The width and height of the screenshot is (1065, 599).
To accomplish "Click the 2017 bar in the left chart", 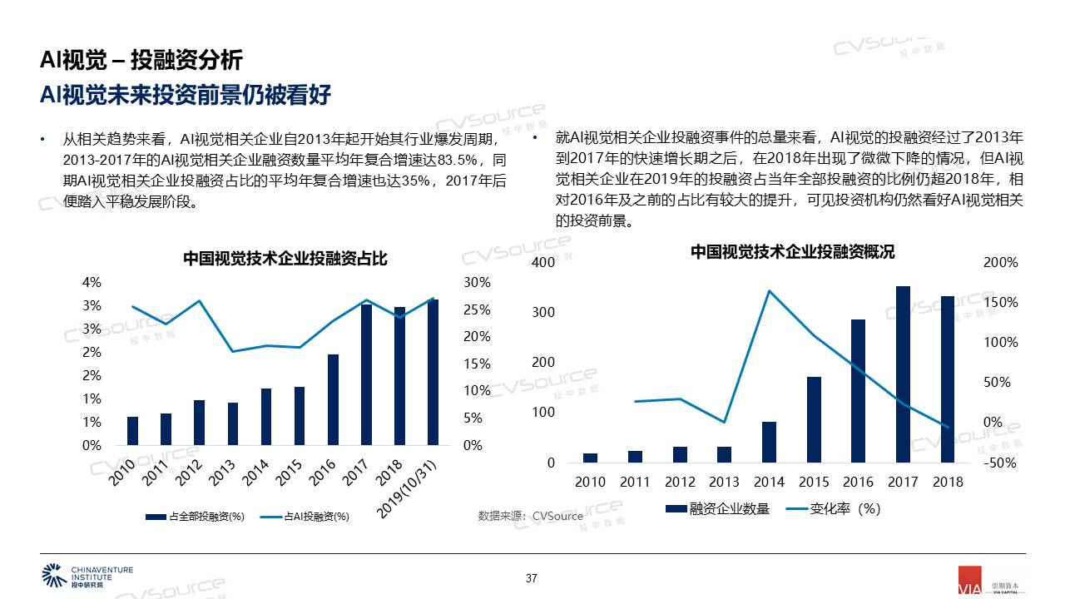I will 366,374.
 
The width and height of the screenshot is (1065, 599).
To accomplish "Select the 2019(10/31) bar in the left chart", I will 433,372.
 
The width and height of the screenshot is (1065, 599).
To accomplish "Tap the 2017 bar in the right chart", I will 903,374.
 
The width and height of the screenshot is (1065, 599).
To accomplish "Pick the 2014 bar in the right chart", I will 769,442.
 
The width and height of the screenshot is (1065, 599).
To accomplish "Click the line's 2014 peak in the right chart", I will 769,290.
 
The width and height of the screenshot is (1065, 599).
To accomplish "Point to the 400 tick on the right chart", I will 542,262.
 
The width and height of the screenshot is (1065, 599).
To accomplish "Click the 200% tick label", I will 1001,262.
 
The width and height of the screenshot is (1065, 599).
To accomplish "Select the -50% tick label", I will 1000,463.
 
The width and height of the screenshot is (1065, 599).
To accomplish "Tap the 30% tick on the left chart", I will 477,283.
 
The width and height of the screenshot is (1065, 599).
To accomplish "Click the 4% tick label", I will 92,283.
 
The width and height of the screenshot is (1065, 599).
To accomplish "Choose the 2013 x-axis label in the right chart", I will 724,482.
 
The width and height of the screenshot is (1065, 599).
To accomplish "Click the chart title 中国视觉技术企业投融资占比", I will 285,259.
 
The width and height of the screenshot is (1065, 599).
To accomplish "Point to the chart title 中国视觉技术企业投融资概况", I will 792,251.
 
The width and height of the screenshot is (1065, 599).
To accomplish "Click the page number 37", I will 532,578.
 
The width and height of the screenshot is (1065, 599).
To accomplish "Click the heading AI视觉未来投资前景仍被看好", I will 186,95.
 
